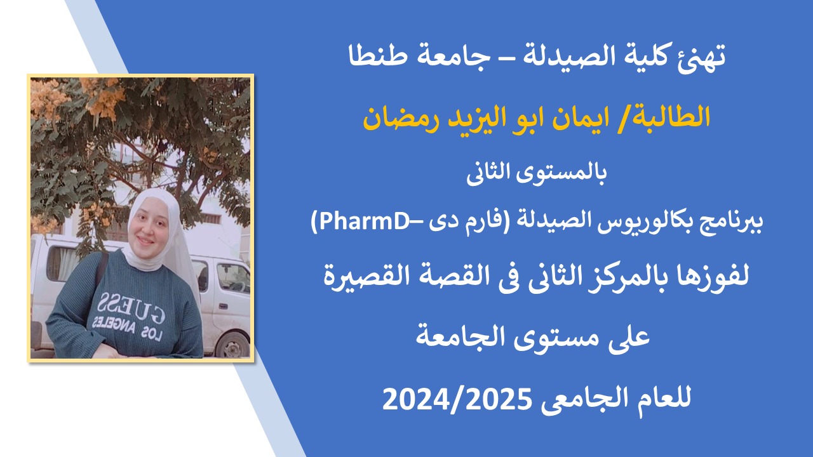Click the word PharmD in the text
click(365, 222)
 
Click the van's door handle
click(222, 307)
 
